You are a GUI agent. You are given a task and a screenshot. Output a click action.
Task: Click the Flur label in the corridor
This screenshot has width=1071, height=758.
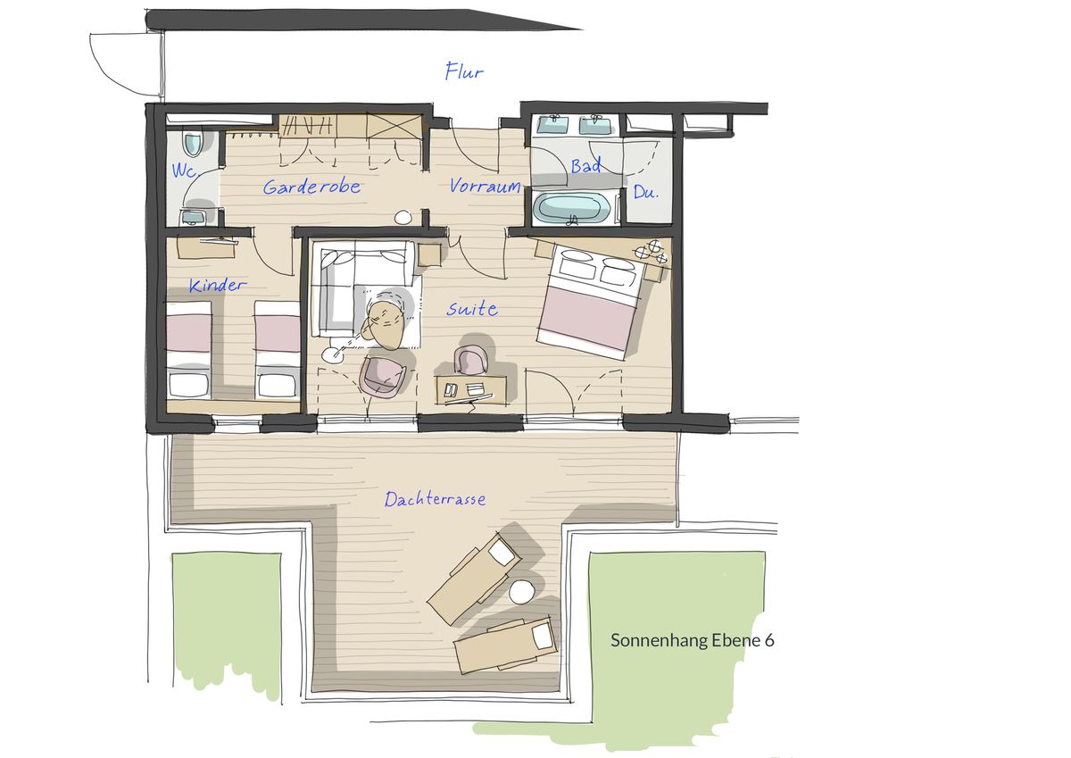(x=464, y=71)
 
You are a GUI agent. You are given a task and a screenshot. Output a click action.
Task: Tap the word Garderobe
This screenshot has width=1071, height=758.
(x=311, y=187)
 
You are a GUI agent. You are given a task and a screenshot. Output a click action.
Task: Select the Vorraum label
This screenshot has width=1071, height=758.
(x=485, y=186)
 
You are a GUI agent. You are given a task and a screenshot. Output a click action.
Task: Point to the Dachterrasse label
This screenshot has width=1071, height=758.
(x=436, y=499)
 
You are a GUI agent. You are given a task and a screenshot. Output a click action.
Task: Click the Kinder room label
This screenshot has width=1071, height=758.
(x=218, y=285)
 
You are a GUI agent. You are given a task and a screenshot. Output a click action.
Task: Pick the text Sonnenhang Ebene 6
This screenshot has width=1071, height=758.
(x=692, y=640)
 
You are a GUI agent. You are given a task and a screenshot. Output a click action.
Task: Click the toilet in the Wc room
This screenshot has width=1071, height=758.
(x=193, y=142)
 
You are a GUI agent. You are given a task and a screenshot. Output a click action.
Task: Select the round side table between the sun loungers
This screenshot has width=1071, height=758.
(x=521, y=593)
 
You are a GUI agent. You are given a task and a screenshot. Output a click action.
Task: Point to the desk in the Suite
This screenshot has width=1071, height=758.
(x=471, y=388)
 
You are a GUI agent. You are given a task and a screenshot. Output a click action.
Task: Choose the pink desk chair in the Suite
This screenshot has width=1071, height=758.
(x=470, y=361)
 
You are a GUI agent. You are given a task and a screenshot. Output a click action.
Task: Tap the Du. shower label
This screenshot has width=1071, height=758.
(x=645, y=192)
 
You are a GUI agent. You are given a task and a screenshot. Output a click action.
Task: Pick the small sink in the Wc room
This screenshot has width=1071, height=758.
(x=193, y=218)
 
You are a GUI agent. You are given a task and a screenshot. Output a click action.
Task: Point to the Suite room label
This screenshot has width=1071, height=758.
(x=472, y=309)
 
